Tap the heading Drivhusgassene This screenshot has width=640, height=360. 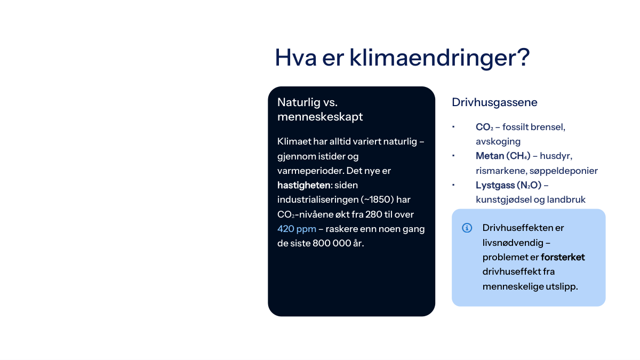[494, 102]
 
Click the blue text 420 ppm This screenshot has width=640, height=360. [297, 229]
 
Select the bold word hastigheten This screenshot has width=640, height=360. [303, 185]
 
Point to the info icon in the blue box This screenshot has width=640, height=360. [467, 228]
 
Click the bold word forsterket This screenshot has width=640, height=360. [563, 257]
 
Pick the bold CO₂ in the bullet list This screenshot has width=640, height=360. [484, 127]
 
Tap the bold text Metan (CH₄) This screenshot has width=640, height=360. [503, 156]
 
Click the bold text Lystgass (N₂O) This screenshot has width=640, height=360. [509, 185]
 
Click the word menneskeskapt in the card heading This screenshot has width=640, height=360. [320, 117]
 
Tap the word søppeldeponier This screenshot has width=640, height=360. [563, 171]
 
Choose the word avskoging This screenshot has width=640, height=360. [498, 142]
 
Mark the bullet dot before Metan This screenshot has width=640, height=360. [453, 156]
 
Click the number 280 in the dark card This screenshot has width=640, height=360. [373, 214]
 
